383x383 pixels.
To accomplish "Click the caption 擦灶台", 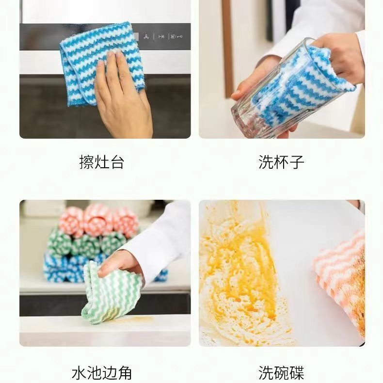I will click(102, 162).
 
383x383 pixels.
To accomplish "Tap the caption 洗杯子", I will click(281, 162).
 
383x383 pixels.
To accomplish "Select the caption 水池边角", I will click(102, 373).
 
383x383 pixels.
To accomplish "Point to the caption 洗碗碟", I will click(281, 373).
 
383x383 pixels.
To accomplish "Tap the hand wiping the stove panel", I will click(121, 97).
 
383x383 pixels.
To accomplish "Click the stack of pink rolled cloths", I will click(97, 221).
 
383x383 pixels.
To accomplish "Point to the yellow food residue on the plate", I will click(238, 271).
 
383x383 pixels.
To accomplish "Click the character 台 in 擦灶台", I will click(117, 162).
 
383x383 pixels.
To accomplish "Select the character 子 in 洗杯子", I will click(296, 162).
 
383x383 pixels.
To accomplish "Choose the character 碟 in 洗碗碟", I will click(296, 373).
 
